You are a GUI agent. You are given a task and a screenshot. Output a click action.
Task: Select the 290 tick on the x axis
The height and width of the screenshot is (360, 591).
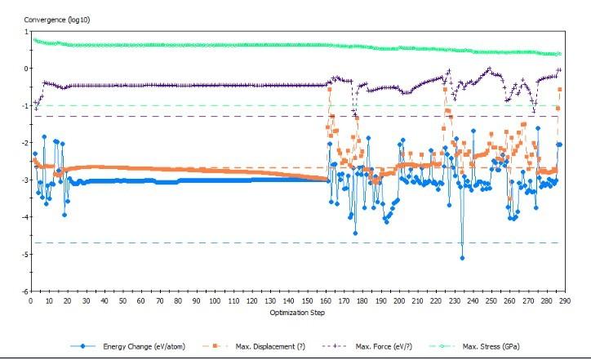pyautogui.click(x=563, y=300)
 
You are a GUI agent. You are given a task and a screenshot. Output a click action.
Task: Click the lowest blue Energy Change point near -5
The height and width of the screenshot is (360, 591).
pyautogui.click(x=462, y=258)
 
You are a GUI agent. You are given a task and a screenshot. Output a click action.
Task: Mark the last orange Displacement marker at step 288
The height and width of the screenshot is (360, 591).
pyautogui.click(x=560, y=90)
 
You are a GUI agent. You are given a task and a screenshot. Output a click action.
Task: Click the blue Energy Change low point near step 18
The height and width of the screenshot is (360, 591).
pyautogui.click(x=64, y=214)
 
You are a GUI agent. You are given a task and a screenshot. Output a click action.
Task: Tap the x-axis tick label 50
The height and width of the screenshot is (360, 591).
pyautogui.click(x=122, y=300)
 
